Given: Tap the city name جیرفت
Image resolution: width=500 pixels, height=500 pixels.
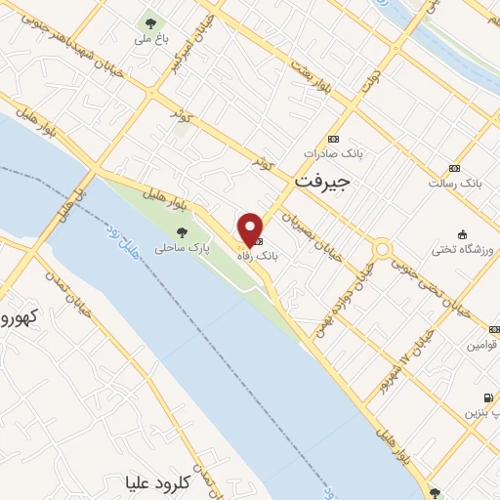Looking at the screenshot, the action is pyautogui.click(x=321, y=183).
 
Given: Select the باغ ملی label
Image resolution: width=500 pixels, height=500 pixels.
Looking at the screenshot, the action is pyautogui.click(x=150, y=41).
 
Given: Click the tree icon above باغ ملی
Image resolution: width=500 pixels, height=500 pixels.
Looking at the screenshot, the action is pyautogui.click(x=150, y=21).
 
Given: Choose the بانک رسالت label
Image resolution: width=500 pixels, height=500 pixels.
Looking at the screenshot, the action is pyautogui.click(x=456, y=183).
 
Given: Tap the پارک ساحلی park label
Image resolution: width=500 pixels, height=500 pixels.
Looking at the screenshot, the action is pyautogui.click(x=183, y=249).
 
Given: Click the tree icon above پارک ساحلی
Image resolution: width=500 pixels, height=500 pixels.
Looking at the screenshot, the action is pyautogui.click(x=183, y=232).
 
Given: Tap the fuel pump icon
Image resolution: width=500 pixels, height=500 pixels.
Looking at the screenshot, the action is pyautogui.click(x=487, y=397).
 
